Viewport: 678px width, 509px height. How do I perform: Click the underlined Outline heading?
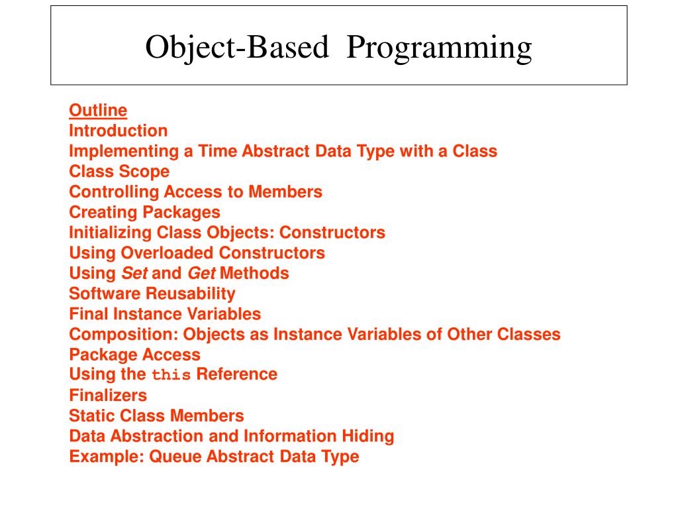tap(98, 110)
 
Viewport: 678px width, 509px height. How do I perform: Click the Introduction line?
tap(119, 131)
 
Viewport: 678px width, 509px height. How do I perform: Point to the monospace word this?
tap(171, 375)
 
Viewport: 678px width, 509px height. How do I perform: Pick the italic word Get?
tap(201, 273)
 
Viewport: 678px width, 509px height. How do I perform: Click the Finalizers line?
tap(108, 396)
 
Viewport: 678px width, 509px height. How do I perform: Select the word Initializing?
tap(111, 233)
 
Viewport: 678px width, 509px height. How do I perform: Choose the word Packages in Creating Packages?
tap(189, 212)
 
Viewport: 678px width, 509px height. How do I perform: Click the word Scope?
tap(144, 172)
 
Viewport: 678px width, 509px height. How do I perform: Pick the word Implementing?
tap(124, 151)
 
